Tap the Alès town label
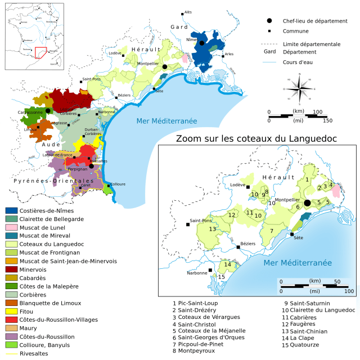(x=188, y=12)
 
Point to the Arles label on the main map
(x=228, y=55)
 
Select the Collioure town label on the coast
(x=118, y=184)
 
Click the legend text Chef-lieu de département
(x=315, y=21)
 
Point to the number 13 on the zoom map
(x=212, y=229)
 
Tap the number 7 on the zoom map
(x=271, y=231)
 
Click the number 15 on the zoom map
(x=222, y=277)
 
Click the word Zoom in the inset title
(x=190, y=139)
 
